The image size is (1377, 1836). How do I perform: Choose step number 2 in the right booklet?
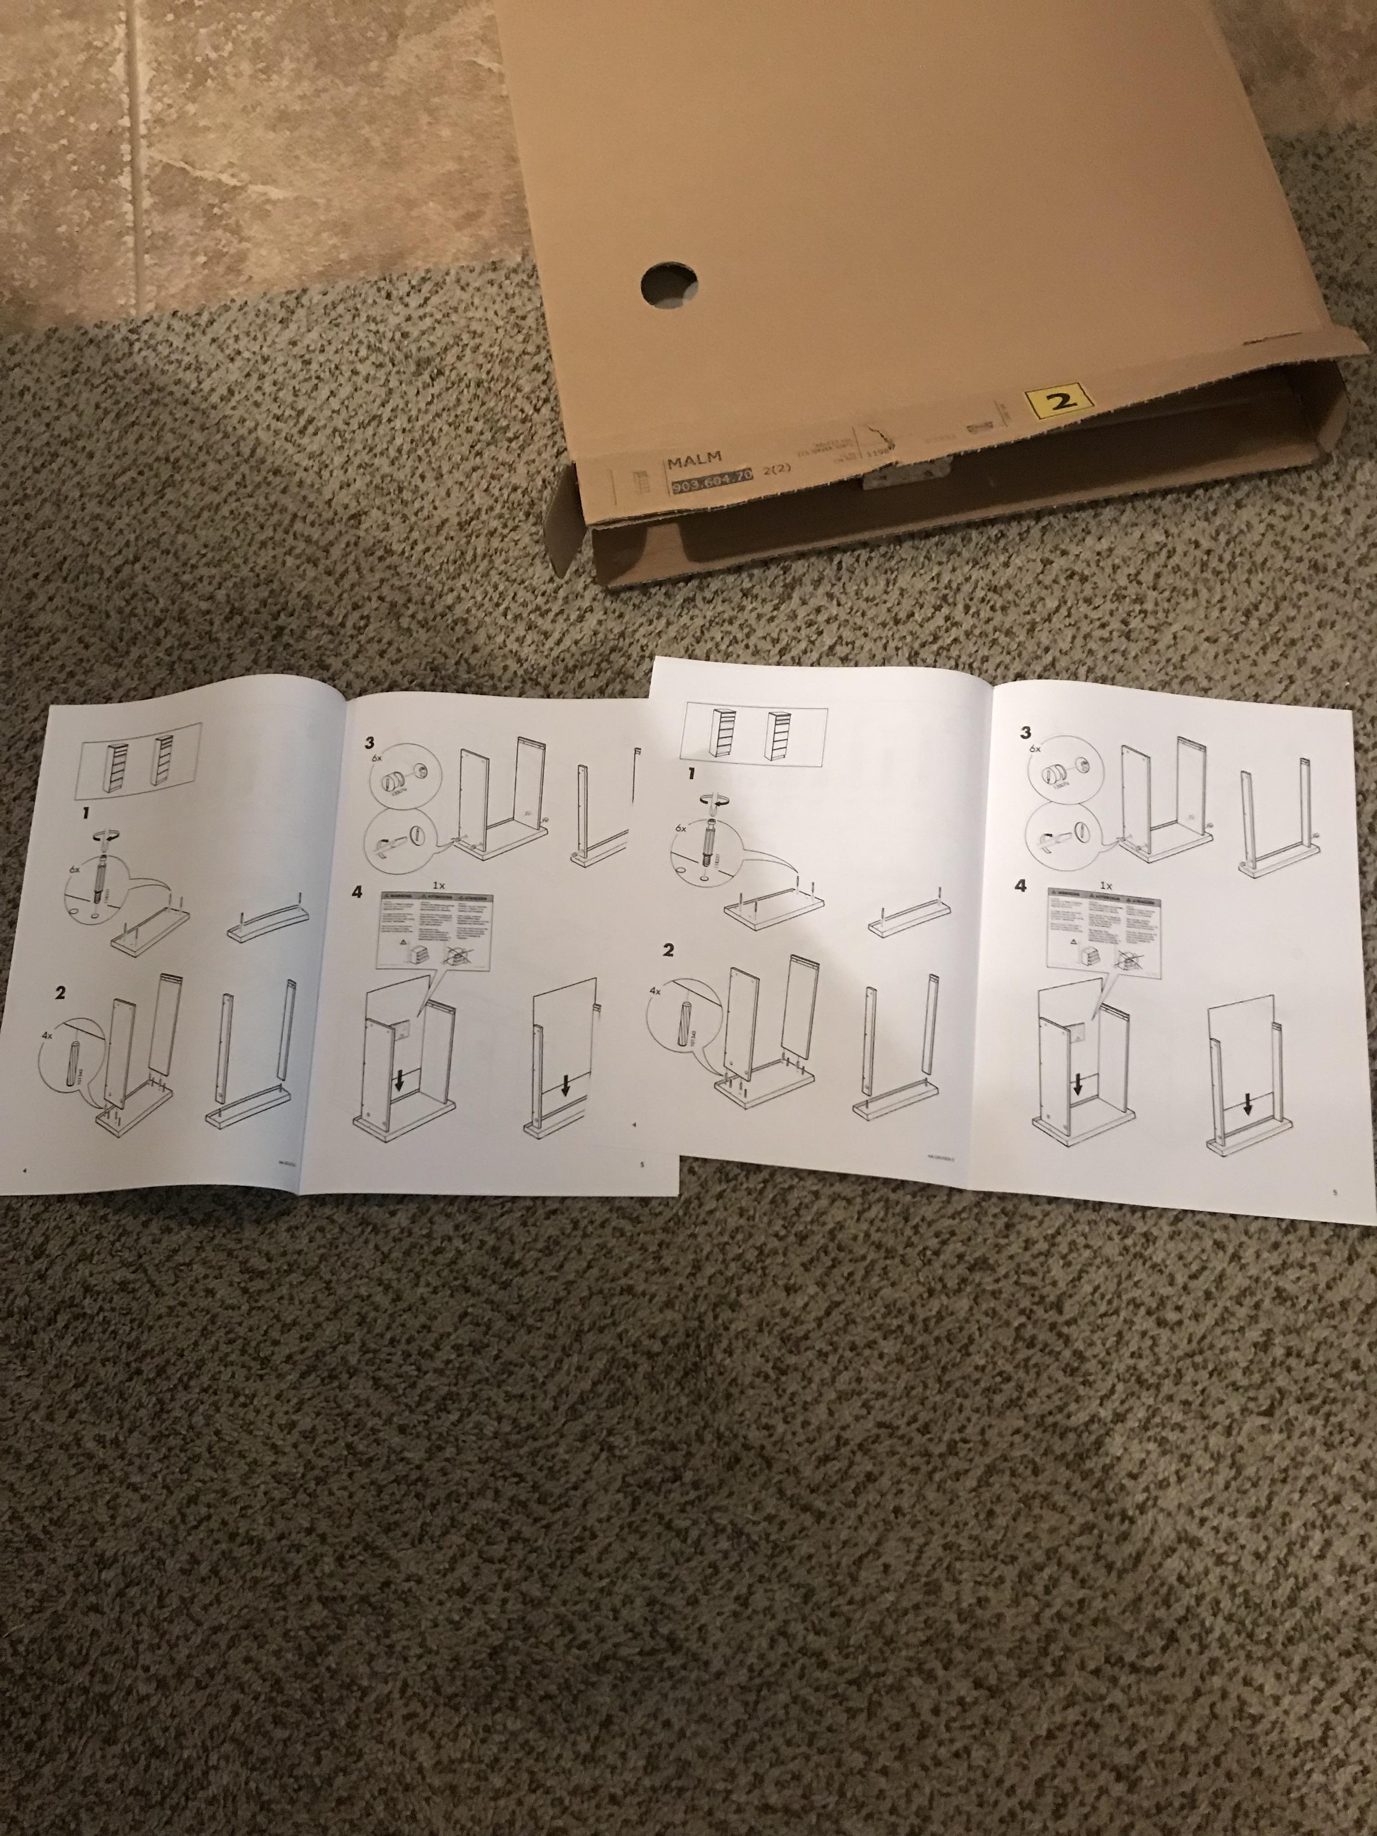668,950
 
